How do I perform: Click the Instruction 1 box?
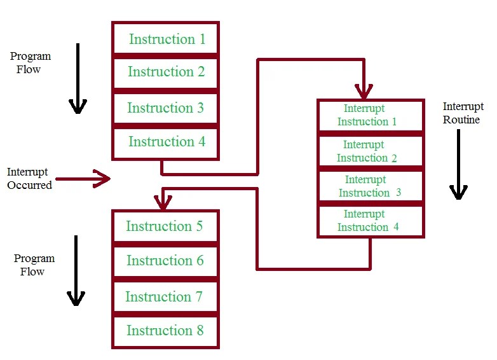(x=166, y=39)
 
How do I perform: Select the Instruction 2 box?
(x=166, y=73)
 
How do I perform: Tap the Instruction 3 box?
(x=166, y=108)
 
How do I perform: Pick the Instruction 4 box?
(x=166, y=142)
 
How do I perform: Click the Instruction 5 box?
(x=165, y=226)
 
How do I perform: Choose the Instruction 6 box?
(x=165, y=261)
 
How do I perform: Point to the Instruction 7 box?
(x=165, y=297)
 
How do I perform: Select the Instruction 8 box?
(x=165, y=331)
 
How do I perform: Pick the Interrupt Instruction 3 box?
(x=370, y=186)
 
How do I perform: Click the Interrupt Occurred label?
(x=29, y=179)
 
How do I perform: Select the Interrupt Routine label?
(x=463, y=113)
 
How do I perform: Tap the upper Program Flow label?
(x=30, y=63)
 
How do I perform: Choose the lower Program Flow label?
(x=34, y=265)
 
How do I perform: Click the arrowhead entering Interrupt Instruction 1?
(x=364, y=92)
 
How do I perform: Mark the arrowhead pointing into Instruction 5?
(x=163, y=204)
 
